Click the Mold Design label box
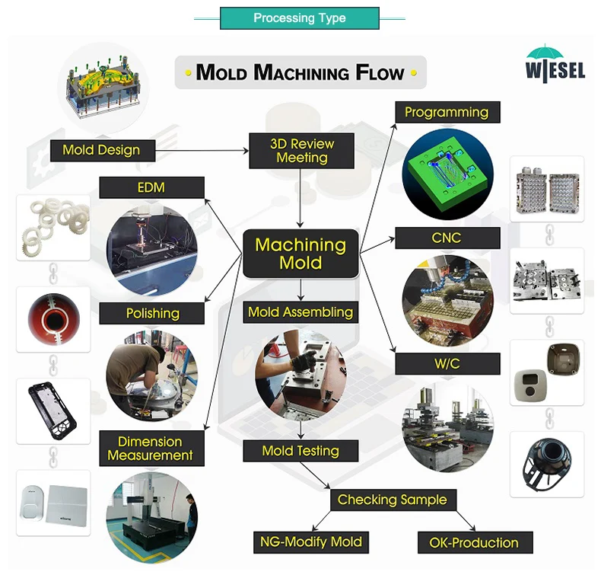coord(101,150)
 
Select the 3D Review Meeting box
coord(302,151)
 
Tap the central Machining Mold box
coord(300,254)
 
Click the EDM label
coord(152,187)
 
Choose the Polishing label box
coord(152,313)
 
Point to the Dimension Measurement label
coord(151,449)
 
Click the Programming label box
coord(447,113)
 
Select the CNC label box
coord(447,238)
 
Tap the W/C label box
coord(447,364)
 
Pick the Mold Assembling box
coord(300,311)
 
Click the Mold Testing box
coord(300,451)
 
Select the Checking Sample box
coord(393,500)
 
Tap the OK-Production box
coord(475,543)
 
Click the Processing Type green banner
coord(299,18)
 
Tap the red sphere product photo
coord(53,317)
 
